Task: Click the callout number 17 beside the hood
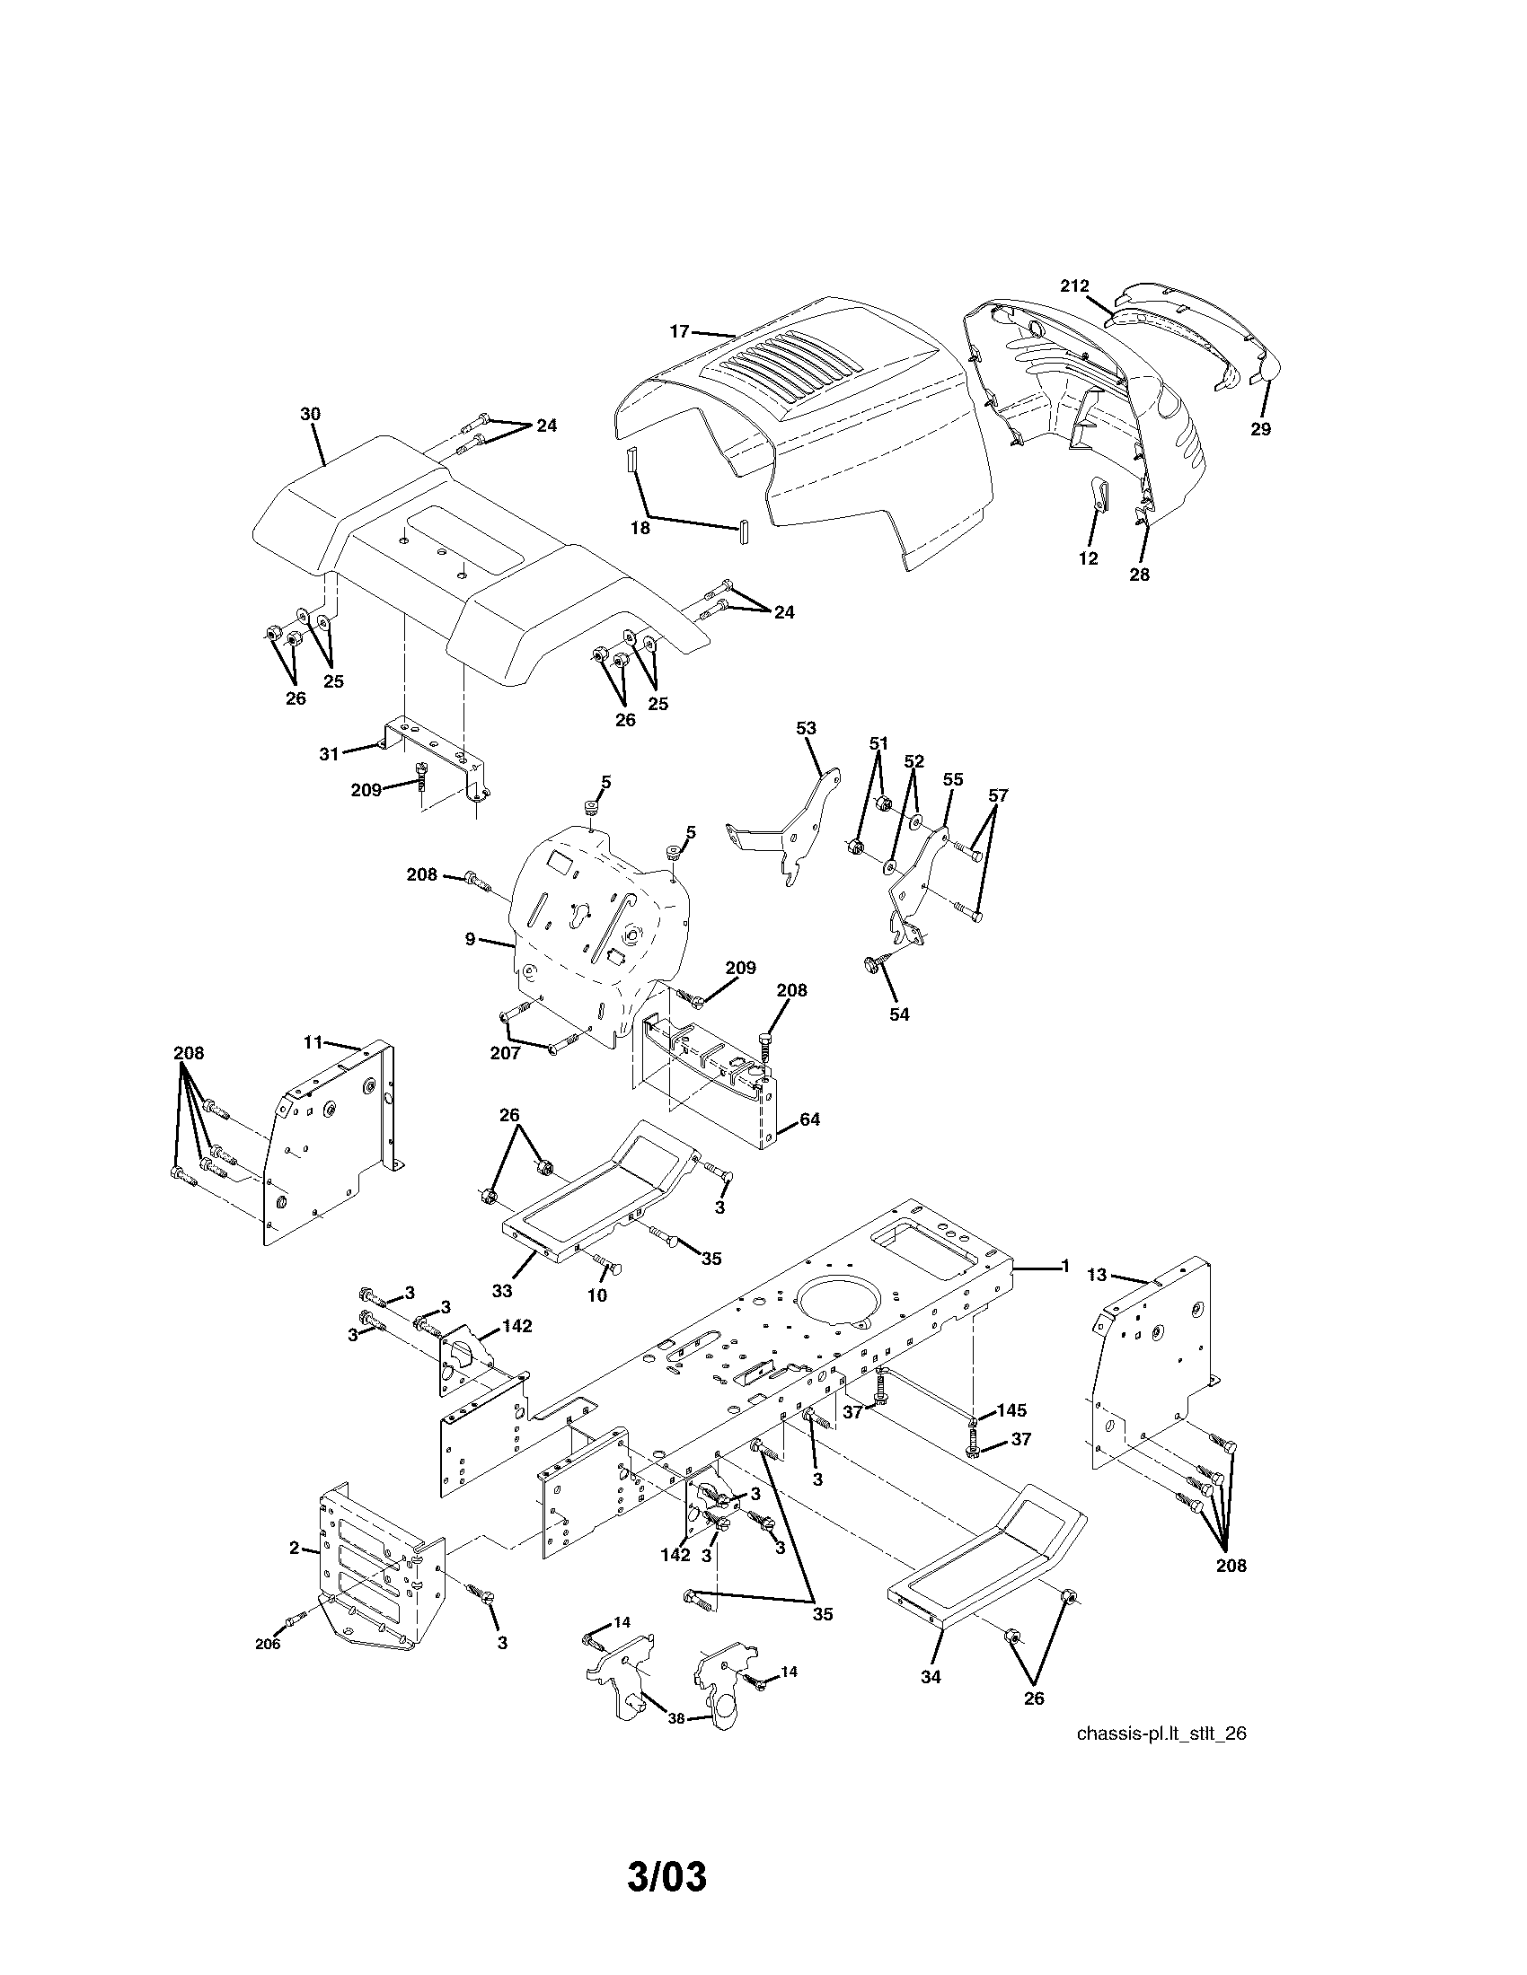coord(678,332)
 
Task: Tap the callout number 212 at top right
coord(1074,285)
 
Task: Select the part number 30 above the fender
coord(310,413)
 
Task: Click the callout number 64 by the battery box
coord(809,1119)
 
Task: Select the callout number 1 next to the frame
coord(1064,1266)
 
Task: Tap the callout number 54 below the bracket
coord(898,1014)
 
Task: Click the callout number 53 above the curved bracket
coord(806,728)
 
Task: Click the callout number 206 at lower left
coord(268,1644)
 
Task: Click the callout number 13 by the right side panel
coord(1097,1275)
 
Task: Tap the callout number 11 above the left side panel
coord(312,1042)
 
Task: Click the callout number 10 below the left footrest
coord(597,1295)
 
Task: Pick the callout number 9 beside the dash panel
coord(471,940)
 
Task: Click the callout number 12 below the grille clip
coord(1089,559)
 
